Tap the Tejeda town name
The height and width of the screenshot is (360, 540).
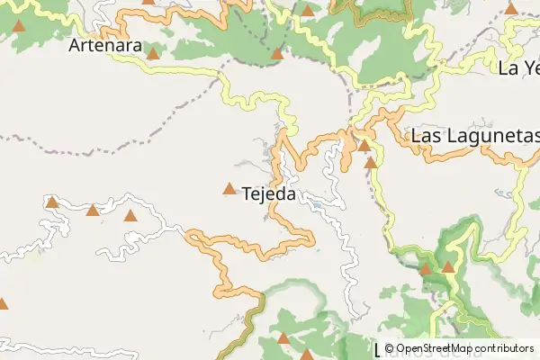(x=273, y=192)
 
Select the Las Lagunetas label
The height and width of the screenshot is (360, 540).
(x=474, y=137)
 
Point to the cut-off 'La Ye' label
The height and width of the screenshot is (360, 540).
(x=518, y=67)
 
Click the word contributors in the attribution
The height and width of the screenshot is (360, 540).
(x=506, y=348)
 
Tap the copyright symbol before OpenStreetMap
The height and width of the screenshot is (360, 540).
(x=390, y=348)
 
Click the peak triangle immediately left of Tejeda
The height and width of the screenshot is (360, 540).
(x=229, y=189)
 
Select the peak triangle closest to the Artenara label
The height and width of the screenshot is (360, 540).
(x=153, y=54)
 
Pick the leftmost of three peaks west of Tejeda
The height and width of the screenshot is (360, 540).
(x=52, y=202)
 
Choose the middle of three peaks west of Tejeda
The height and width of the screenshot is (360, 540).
(x=92, y=211)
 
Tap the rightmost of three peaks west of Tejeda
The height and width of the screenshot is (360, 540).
(x=130, y=216)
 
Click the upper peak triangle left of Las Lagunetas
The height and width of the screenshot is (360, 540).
(x=364, y=145)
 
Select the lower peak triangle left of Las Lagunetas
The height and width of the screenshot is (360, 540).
(x=371, y=163)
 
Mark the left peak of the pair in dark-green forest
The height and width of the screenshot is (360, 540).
(x=426, y=268)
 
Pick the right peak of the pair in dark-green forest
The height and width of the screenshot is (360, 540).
(x=448, y=266)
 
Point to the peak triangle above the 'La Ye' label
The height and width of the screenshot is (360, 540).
(x=511, y=9)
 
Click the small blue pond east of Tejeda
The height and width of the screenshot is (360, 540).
(x=317, y=206)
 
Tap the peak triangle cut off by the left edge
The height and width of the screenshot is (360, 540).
(x=2, y=303)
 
